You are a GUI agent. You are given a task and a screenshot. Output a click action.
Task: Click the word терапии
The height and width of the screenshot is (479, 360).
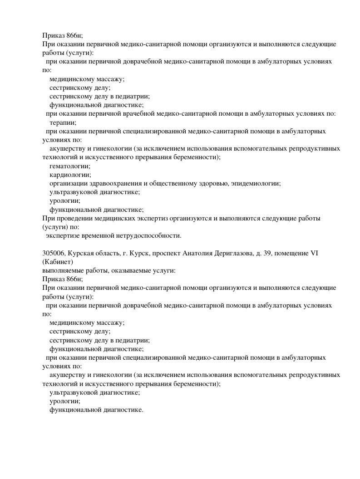[63, 122]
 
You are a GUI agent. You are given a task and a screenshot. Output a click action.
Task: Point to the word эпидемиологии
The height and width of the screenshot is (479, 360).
[256, 183]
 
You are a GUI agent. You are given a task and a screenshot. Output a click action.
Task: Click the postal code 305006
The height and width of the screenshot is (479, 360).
[53, 253]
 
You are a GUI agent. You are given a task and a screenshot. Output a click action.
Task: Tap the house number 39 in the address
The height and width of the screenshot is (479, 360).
[267, 253]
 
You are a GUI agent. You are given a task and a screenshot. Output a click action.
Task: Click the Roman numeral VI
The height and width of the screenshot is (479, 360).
[314, 253]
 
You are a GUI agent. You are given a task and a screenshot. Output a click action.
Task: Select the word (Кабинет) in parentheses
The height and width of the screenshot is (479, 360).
[57, 262]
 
